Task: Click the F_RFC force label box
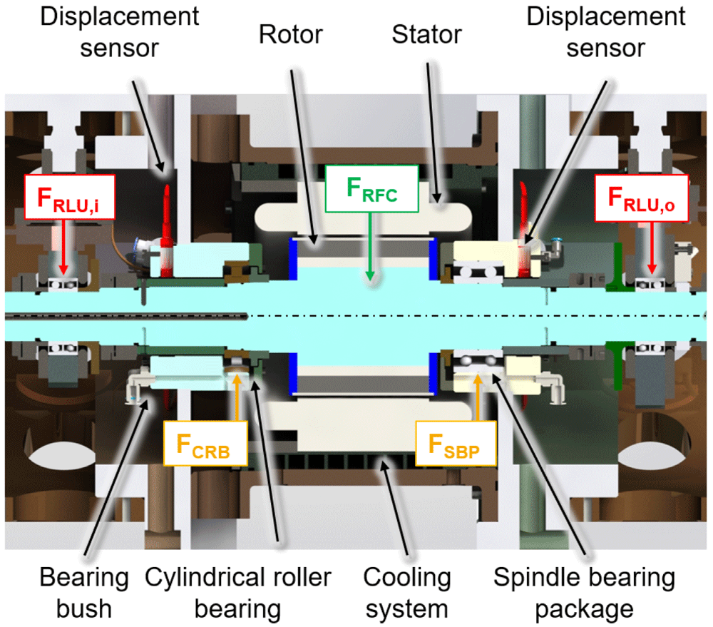[371, 188]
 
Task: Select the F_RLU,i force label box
[69, 197]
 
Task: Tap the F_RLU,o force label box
[641, 198]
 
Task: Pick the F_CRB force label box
[205, 444]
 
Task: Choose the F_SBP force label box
[456, 444]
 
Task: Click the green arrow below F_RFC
[370, 247]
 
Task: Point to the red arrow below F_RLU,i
[63, 247]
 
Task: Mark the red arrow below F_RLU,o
[652, 248]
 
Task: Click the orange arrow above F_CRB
[237, 397]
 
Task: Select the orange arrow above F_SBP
[478, 397]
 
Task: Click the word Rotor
[291, 34]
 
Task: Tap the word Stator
[426, 34]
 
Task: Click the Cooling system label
[407, 593]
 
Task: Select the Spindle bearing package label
[585, 593]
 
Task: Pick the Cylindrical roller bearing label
[238, 593]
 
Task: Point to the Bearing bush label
[84, 593]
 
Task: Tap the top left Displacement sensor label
[119, 32]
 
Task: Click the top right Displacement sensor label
[605, 32]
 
